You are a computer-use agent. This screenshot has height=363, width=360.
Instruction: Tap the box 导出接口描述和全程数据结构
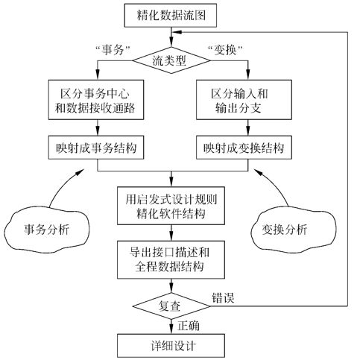(x=172, y=258)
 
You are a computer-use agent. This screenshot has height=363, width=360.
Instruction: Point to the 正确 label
(x=190, y=326)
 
